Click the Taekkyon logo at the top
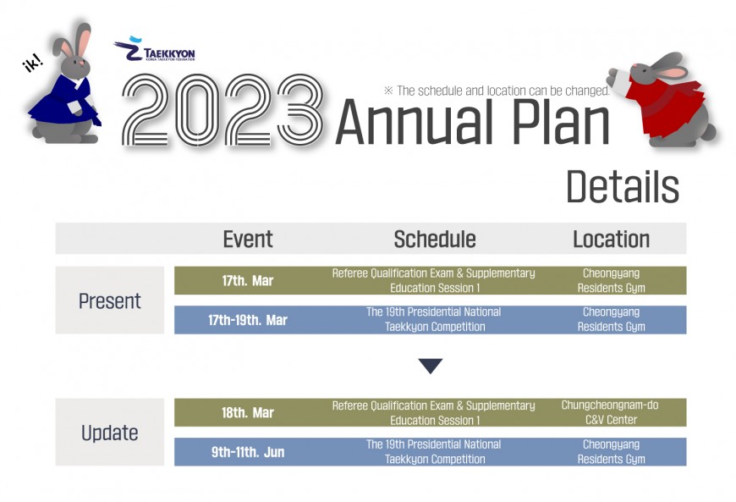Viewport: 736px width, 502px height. point(155,49)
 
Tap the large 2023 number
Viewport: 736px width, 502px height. point(222,110)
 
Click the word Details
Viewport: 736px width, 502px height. point(623,186)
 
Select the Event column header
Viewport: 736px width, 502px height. point(247,239)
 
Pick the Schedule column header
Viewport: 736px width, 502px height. point(435,239)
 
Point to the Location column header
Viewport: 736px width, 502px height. point(611,239)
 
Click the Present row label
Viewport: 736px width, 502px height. point(109,301)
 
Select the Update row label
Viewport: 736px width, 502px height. point(109,433)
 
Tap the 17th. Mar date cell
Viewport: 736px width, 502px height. point(247,281)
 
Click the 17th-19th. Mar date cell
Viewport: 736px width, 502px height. point(247,320)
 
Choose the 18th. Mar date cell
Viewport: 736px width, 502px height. point(247,413)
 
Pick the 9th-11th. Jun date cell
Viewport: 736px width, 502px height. point(247,452)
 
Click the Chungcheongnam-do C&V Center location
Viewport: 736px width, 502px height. point(610,412)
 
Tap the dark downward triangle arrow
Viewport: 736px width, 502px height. point(431,365)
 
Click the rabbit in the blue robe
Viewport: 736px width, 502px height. point(65,85)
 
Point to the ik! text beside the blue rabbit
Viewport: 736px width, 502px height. point(33,63)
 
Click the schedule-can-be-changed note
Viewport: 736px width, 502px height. point(497,91)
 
